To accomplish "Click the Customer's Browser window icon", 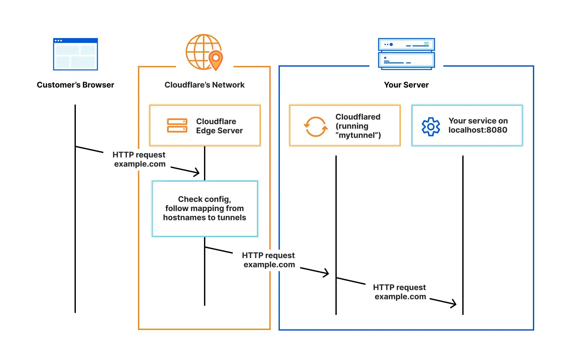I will coord(76,54).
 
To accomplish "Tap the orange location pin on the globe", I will coord(215,59).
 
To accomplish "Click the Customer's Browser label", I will coord(76,85).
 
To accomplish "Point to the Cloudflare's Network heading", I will coord(204,85).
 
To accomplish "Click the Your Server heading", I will coord(406,85).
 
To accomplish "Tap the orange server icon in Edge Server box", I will coord(177,125).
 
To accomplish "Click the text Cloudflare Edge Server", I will coord(219,126).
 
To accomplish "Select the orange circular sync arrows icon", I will coord(315,126).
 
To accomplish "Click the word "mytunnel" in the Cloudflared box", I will coord(358,135).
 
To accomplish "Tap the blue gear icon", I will coord(431,126).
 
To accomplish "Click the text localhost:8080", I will coord(478,130).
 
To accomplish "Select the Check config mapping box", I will coord(205,208).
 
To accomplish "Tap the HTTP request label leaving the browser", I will coord(139,159).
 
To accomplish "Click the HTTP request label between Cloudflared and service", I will coord(399,292).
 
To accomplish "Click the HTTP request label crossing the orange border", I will coord(268,260).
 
